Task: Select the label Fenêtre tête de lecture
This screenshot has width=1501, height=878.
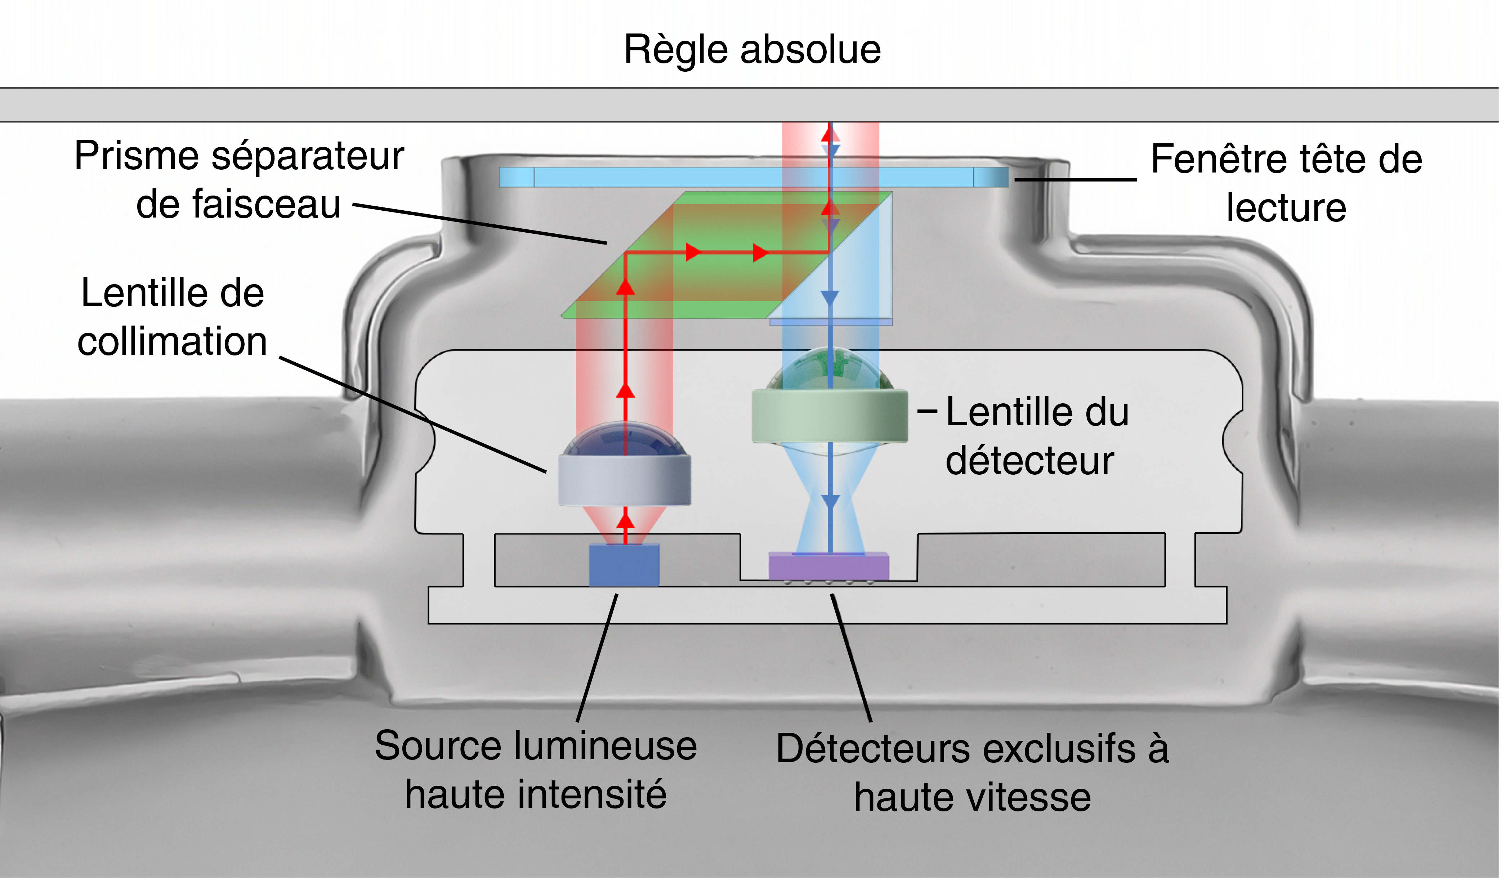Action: [x=1287, y=183]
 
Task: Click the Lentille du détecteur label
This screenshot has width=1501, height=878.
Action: [x=1036, y=436]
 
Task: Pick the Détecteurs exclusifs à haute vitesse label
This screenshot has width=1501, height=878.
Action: [x=972, y=772]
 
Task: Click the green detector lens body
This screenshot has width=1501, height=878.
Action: [x=829, y=416]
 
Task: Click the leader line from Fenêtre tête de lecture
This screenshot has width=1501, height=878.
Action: [x=1076, y=179]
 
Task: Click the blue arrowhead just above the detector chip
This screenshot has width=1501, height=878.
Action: [x=830, y=502]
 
